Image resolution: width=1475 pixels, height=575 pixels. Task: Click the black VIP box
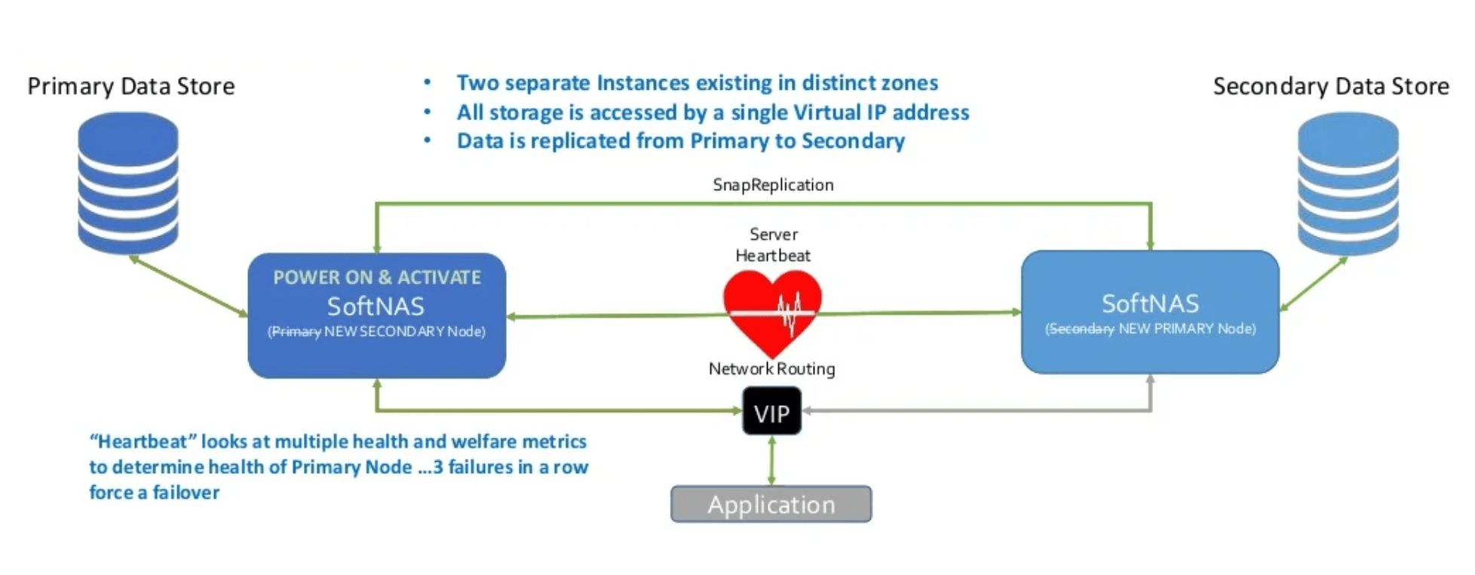point(771,411)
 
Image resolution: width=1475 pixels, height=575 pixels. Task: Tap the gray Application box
point(771,504)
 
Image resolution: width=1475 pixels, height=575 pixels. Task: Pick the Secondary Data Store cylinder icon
point(1348,183)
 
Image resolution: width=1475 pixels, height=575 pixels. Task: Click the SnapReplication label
point(773,185)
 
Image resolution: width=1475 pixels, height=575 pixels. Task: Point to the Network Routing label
point(771,369)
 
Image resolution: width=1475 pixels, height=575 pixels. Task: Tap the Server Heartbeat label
point(773,244)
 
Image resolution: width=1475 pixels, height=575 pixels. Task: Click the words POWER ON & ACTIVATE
point(376,278)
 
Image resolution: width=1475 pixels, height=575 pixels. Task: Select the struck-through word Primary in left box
point(296,332)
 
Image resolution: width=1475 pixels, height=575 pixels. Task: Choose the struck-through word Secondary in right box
point(1080,329)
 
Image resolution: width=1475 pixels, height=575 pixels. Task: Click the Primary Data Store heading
point(131,86)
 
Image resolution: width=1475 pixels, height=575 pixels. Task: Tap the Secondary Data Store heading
point(1330,86)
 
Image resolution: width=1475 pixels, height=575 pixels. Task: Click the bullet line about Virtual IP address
point(712,112)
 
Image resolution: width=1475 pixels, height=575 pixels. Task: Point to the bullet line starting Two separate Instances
point(697,83)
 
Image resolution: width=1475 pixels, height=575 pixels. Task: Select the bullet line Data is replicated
point(680,141)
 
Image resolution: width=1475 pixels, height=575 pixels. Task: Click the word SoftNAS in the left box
point(376,306)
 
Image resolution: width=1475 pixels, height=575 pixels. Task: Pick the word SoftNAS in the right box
point(1150,303)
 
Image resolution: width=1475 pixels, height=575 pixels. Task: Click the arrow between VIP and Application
point(771,460)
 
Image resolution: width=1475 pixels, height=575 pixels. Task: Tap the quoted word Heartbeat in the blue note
point(142,441)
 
